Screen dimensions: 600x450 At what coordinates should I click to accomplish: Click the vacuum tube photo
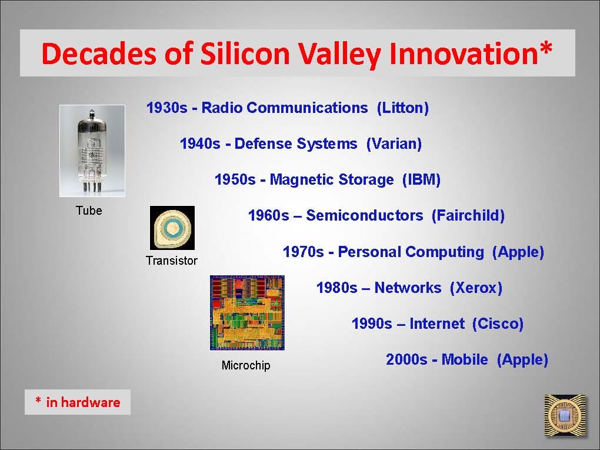(92, 151)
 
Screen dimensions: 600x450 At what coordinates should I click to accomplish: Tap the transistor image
(172, 228)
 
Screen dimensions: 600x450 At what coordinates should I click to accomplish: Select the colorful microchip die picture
(247, 312)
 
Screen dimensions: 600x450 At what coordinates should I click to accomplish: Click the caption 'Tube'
(89, 211)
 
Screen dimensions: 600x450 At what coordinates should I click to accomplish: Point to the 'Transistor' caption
(172, 261)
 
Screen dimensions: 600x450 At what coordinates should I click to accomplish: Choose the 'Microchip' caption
(246, 365)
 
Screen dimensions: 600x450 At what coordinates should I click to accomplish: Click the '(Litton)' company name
(403, 108)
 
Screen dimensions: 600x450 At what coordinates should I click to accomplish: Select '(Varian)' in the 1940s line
(394, 144)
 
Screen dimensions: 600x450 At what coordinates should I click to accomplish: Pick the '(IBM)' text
(421, 179)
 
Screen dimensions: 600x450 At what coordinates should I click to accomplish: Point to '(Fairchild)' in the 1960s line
(468, 215)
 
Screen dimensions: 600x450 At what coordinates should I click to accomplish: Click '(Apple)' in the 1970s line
(518, 252)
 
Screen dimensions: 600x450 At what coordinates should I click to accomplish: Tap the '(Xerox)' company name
(476, 288)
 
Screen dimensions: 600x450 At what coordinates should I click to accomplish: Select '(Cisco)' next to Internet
(498, 324)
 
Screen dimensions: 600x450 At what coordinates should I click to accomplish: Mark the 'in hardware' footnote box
(78, 402)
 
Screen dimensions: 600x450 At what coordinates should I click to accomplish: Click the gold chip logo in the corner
(565, 415)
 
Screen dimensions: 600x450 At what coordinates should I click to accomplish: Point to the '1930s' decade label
(167, 108)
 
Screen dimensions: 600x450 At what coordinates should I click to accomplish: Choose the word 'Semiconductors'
(365, 215)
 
